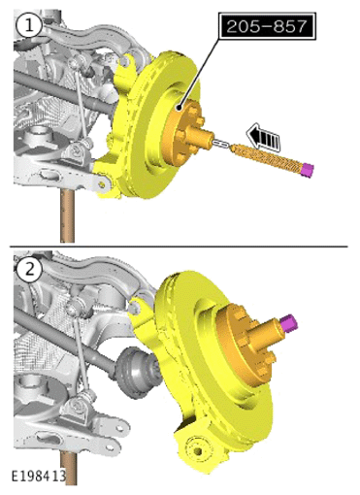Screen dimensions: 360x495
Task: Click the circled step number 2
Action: coord(29,270)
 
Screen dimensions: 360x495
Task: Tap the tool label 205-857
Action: coord(266,26)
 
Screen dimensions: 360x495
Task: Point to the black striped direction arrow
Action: coord(263,137)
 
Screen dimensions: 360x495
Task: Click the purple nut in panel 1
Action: coord(307,170)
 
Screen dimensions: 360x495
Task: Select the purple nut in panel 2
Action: coord(288,322)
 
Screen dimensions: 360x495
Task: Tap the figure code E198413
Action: coord(39,477)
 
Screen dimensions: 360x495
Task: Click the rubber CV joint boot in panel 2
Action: coord(135,373)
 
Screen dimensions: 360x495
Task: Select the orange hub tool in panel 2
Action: coord(248,344)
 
